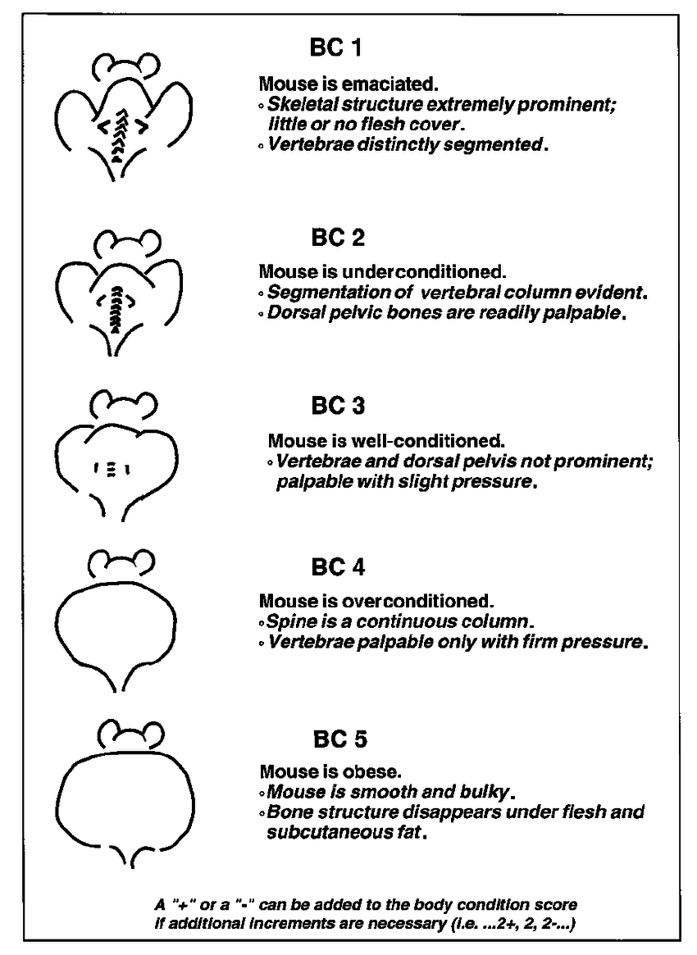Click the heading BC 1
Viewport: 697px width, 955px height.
(335, 48)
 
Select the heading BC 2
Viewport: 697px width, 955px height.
(338, 238)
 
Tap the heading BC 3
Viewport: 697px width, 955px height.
(338, 406)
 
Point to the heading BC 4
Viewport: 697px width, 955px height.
(338, 567)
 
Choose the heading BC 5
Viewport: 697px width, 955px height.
(340, 739)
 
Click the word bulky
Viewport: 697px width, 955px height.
(486, 792)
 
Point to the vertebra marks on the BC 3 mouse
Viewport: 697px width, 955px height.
(112, 470)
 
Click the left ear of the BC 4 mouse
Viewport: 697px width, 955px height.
(100, 563)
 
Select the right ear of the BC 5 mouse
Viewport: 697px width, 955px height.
(150, 734)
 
